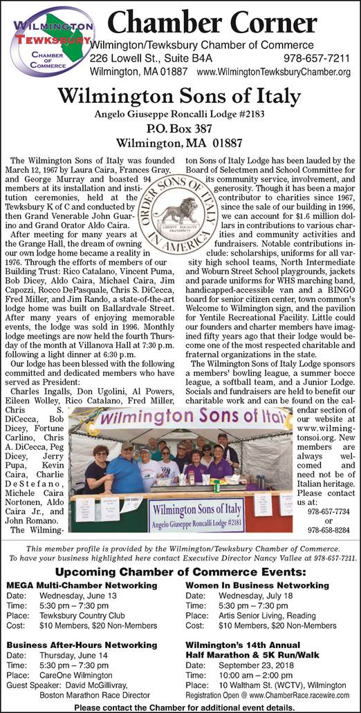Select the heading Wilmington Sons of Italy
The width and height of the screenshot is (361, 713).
(180, 95)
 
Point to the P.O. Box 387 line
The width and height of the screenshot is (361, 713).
(179, 128)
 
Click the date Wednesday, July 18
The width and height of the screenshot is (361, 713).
(261, 596)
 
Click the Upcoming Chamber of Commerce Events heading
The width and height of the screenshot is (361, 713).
(180, 572)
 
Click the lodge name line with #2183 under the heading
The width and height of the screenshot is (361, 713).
(180, 113)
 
